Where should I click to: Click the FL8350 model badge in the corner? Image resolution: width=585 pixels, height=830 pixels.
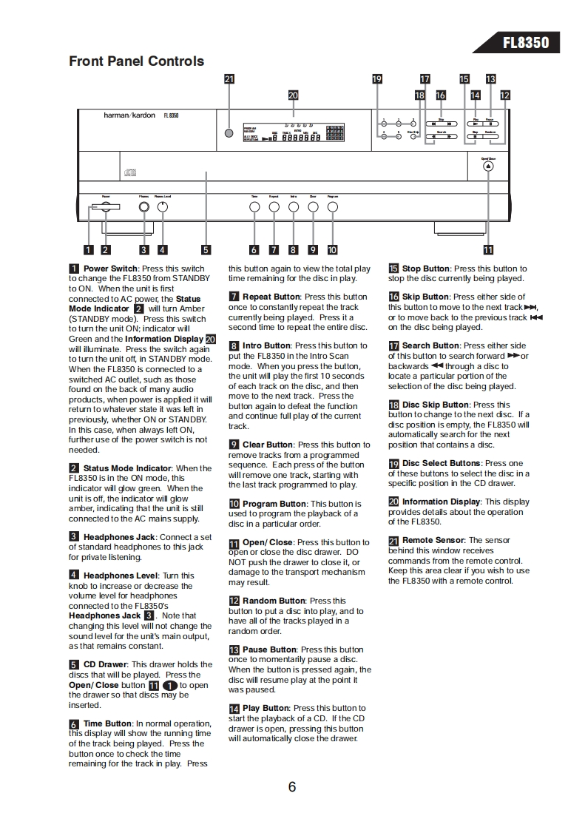pos(526,42)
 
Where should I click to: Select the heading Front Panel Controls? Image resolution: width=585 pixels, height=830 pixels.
pos(136,61)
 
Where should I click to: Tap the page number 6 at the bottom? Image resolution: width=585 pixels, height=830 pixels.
pos(292,786)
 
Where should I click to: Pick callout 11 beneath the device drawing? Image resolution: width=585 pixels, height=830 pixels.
pos(488,250)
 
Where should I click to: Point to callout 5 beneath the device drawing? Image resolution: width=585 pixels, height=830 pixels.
pos(206,250)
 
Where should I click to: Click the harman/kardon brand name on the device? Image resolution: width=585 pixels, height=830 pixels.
pos(129,115)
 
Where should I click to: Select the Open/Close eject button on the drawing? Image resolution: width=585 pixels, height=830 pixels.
pos(488,166)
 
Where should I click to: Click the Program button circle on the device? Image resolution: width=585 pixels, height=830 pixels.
pos(332,208)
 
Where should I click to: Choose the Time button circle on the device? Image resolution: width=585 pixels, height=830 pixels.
pos(254,208)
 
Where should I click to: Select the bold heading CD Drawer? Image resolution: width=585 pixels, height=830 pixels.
pos(106,664)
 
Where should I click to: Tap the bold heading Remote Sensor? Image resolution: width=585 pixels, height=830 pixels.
pos(433,541)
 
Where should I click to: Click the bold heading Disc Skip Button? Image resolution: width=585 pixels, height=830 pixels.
pos(436,405)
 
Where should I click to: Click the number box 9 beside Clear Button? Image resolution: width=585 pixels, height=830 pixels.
pos(234,445)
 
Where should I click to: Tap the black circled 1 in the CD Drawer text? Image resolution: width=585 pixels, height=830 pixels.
pos(170,685)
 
